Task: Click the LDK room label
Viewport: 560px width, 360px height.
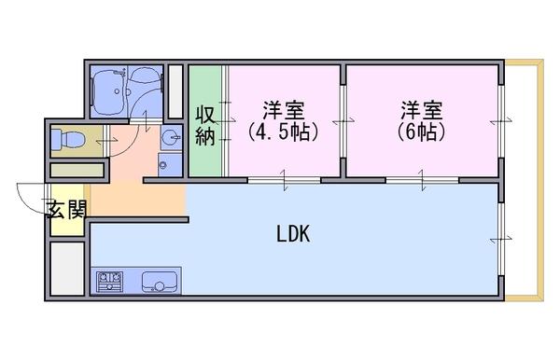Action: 293,234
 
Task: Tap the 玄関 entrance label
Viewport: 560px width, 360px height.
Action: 68,210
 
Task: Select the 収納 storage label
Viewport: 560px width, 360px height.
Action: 205,125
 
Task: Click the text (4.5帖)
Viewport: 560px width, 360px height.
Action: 283,132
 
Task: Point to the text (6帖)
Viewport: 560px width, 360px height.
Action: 422,132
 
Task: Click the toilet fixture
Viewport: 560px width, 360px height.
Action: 68,139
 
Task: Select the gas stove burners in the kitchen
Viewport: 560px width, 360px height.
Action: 110,282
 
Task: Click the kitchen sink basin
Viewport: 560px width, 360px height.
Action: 160,282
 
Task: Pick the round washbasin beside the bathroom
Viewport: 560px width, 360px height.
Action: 172,137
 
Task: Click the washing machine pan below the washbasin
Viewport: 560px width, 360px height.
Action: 170,164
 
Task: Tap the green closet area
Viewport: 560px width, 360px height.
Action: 205,120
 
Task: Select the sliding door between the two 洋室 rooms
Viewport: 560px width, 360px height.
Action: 343,121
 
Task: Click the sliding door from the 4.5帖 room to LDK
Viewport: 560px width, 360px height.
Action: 285,180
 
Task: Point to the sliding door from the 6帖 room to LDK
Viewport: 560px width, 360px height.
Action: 422,180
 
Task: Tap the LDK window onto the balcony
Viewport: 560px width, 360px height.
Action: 501,239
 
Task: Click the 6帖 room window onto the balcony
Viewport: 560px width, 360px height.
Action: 501,121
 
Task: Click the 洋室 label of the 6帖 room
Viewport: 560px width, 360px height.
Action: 422,111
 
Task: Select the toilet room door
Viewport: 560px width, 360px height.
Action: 106,141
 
